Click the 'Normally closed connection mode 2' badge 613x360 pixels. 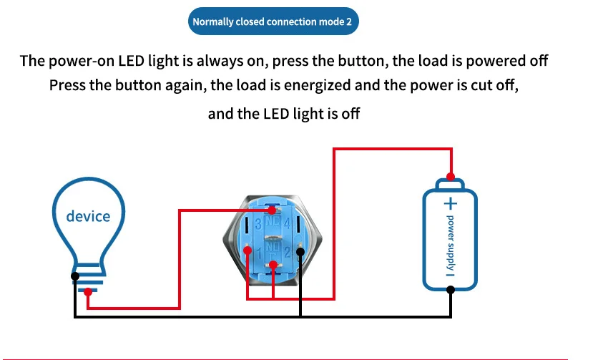(x=273, y=21)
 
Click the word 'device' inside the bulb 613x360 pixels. (x=89, y=215)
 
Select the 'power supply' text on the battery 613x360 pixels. (x=451, y=244)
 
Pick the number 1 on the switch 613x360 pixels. (x=258, y=251)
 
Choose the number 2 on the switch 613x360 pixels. (x=286, y=251)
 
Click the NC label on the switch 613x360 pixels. (x=272, y=224)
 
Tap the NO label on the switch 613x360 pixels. (x=272, y=248)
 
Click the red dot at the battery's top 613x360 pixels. (x=451, y=177)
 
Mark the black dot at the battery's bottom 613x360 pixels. (x=451, y=289)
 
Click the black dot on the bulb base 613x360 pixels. (x=75, y=276)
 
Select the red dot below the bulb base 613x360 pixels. (x=87, y=291)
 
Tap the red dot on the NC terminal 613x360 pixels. (x=272, y=210)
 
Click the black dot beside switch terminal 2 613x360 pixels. (x=300, y=252)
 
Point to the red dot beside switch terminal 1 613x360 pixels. (x=245, y=252)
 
